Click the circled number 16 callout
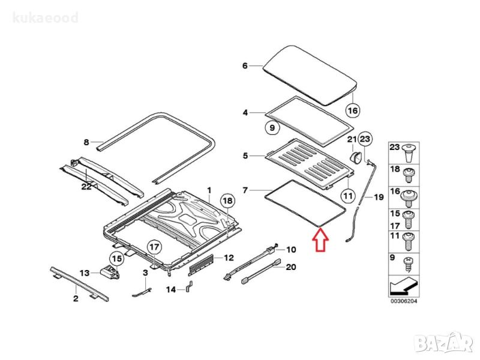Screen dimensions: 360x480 click(x=353, y=111)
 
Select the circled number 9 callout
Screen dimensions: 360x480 click(x=271, y=127)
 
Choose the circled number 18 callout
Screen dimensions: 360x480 click(x=227, y=201)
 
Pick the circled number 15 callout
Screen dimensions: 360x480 click(x=116, y=259)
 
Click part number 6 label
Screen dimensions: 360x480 click(x=245, y=66)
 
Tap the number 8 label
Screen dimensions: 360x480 click(x=86, y=142)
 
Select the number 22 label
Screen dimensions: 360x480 click(x=86, y=187)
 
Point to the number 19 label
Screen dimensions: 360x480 click(x=379, y=197)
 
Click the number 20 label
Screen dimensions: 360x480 click(x=292, y=267)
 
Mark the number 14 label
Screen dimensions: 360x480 click(x=171, y=290)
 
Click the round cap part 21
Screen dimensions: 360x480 click(x=355, y=156)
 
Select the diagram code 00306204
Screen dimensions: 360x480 click(x=403, y=301)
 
